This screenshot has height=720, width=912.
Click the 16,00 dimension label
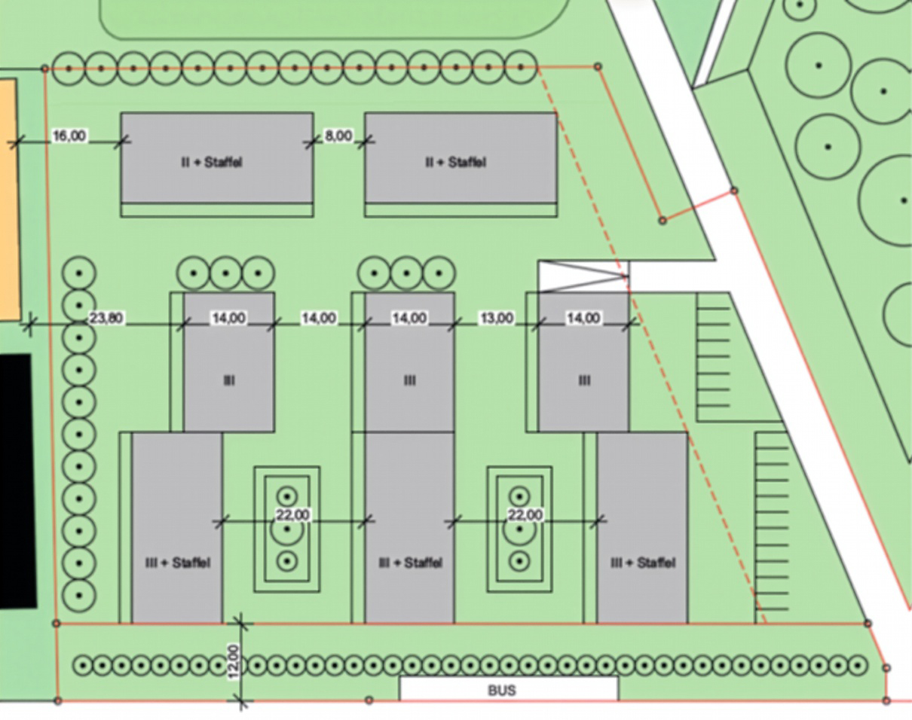point(69,136)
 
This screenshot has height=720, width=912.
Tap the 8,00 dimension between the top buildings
point(338,136)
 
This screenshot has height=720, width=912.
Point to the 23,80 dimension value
point(106,319)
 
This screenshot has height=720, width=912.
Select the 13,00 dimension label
point(497,319)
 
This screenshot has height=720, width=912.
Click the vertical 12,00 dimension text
point(234,662)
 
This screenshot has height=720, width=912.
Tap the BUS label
point(502,690)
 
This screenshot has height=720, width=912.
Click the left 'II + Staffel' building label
point(212,162)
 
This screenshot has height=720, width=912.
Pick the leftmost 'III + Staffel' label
point(178,563)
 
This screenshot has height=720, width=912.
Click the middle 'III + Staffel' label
point(409,563)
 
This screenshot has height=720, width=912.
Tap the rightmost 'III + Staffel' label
point(642,563)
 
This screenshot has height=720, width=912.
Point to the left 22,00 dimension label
point(292,515)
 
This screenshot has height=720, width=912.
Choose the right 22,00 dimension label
point(525,515)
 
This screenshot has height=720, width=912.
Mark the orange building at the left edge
point(8,200)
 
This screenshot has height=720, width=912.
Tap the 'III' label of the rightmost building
point(584,380)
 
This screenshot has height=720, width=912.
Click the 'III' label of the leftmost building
point(229,380)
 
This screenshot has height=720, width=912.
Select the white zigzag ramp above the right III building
point(583,276)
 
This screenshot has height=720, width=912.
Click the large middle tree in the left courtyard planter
point(287,529)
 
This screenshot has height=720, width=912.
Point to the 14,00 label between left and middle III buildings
point(319,319)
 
